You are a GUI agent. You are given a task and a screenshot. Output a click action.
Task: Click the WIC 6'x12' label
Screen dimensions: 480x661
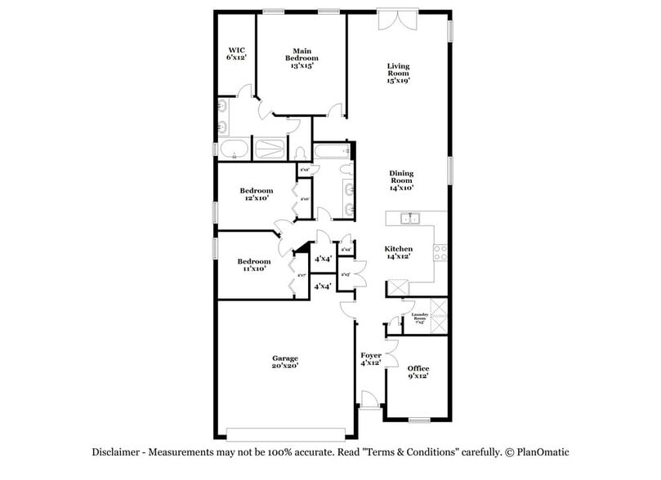237,54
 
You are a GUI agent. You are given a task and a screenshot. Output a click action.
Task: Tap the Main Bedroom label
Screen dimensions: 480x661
301,58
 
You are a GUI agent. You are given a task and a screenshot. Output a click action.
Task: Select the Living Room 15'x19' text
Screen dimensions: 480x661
398,73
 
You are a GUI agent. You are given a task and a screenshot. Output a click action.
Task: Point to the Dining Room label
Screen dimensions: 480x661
401,180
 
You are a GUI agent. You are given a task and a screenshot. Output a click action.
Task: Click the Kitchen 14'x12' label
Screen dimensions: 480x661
399,252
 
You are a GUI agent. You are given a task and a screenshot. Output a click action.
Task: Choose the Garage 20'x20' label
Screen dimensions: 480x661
285,362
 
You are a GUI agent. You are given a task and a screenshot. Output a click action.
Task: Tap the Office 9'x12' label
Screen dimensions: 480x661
418,372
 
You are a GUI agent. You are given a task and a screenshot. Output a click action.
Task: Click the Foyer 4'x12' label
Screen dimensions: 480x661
371,359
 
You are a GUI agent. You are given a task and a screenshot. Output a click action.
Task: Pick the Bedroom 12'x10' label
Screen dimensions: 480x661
257,194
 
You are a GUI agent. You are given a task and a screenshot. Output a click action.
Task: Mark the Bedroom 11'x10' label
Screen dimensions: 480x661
254,265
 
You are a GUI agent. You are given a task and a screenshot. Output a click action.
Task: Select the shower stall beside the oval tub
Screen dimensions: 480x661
270,149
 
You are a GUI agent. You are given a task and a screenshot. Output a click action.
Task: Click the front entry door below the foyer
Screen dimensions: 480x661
369,401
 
